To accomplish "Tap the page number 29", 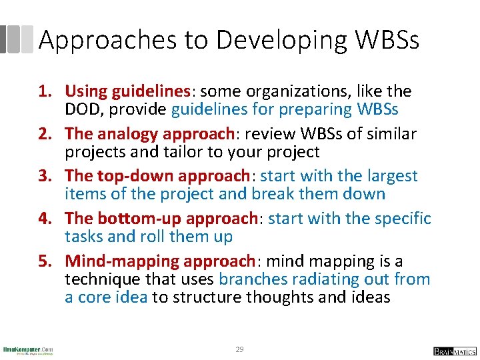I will pyautogui.click(x=239, y=349).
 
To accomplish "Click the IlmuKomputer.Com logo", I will pyautogui.click(x=27, y=350).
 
